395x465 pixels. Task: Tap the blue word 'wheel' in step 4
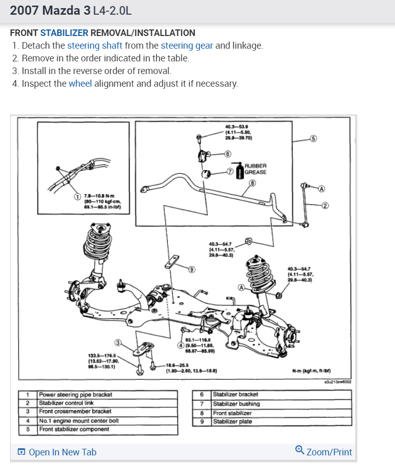(80, 83)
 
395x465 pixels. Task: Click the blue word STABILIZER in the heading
(64, 33)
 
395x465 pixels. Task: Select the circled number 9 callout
(191, 269)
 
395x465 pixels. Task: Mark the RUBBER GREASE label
(256, 169)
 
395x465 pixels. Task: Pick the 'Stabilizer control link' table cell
(66, 403)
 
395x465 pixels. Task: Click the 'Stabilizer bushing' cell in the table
(236, 404)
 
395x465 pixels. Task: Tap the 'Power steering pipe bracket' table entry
(76, 394)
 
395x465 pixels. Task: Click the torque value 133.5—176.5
(102, 355)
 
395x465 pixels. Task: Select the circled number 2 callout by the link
(325, 205)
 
